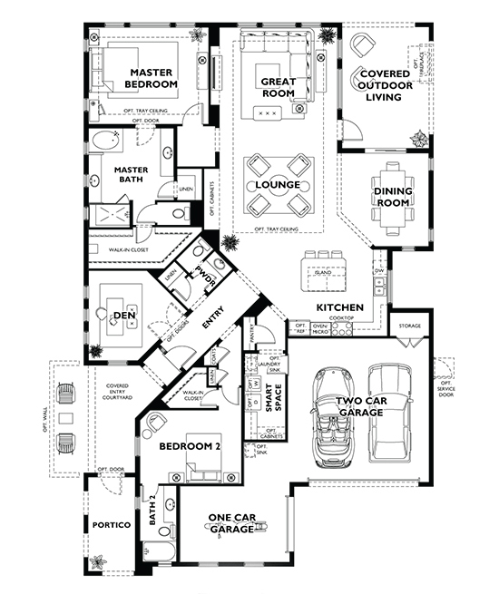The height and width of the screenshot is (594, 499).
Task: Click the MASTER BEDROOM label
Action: click(152, 78)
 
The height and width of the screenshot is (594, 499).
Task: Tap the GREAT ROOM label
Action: click(279, 87)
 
